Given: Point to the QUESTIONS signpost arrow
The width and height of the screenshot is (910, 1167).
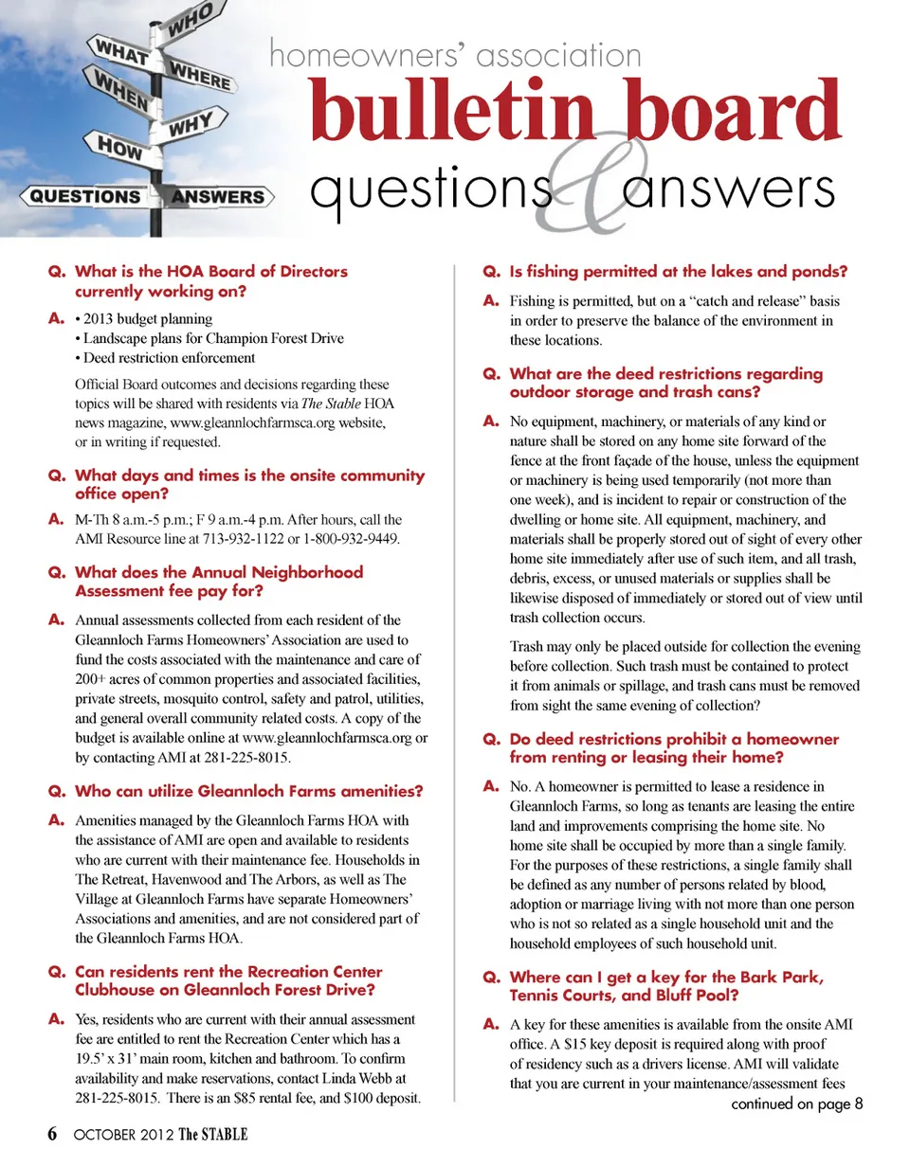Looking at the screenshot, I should coord(85,197).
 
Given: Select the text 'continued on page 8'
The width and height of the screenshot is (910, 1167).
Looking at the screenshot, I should coord(796,1104).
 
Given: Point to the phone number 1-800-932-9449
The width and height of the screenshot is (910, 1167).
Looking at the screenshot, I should coord(355,539).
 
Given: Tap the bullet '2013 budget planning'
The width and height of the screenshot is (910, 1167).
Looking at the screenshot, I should coord(147,318).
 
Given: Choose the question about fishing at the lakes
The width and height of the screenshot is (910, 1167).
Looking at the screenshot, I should coord(678,272).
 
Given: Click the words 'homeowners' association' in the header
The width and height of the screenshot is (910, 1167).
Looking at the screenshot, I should coord(455,55).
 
